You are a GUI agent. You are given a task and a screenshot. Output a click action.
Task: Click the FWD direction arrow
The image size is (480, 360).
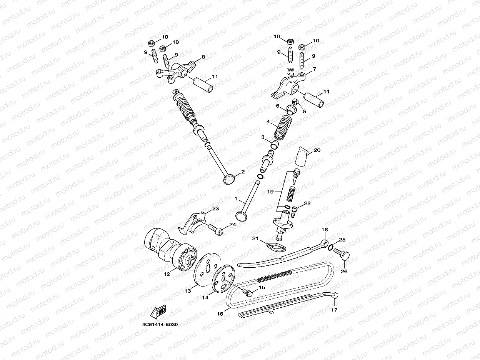(158, 312)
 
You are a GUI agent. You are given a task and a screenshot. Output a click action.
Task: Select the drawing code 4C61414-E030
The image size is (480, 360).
(160, 325)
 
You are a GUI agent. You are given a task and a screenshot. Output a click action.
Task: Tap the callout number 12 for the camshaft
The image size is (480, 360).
(167, 274)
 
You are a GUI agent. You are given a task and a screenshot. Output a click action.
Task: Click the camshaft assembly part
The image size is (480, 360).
(170, 249)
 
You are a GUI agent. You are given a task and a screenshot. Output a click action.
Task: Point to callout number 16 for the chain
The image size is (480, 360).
(220, 314)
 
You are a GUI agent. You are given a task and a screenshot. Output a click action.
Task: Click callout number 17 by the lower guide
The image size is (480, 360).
(334, 310)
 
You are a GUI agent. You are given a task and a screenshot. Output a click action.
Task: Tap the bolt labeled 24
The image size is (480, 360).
(216, 229)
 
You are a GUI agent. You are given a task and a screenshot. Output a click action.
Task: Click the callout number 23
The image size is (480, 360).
(215, 208)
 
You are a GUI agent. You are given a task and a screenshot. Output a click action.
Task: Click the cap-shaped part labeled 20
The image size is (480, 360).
(301, 157)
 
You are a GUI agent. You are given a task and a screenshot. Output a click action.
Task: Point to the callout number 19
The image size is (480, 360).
(270, 192)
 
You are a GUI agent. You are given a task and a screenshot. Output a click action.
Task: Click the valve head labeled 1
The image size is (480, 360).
(242, 216)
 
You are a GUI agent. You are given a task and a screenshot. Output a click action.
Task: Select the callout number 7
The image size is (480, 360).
(315, 69)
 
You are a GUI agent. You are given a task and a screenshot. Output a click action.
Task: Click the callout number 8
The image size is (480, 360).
(203, 57)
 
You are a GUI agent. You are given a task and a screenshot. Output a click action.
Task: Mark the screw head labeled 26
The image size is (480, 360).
(345, 256)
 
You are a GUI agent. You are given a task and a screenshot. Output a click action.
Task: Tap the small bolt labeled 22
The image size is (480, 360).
(294, 212)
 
